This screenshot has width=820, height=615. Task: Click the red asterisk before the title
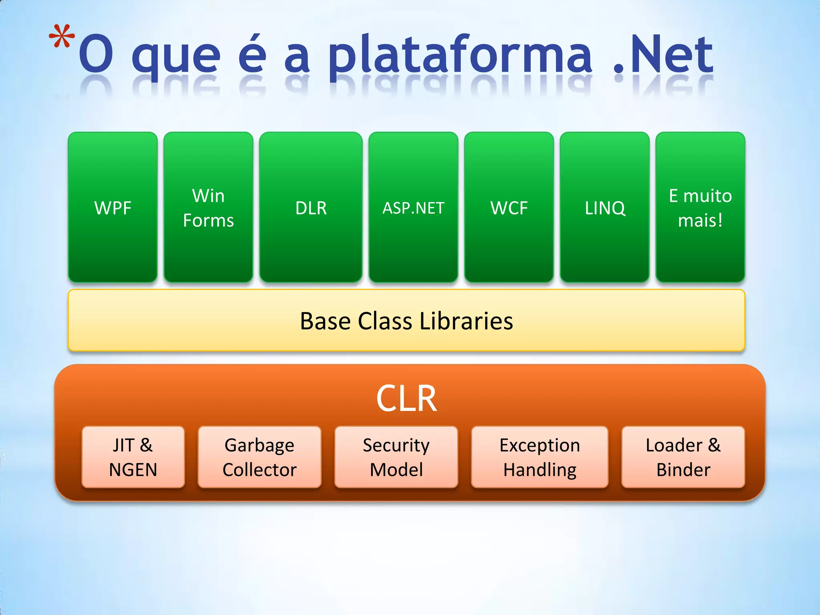[x=62, y=37]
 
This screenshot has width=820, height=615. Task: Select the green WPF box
[x=113, y=207]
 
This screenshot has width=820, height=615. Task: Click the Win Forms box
[x=208, y=207]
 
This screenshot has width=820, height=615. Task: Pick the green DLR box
[x=311, y=207]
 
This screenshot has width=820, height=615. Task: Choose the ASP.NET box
[x=413, y=207]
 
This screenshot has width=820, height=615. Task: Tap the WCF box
[x=509, y=207]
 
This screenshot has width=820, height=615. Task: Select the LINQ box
[x=605, y=207]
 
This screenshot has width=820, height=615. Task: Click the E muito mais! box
[x=700, y=207]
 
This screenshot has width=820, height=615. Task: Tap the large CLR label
[x=406, y=399]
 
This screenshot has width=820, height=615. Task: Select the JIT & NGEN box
[x=133, y=457]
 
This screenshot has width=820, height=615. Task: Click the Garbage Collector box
[x=259, y=457]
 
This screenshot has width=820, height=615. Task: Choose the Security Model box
[x=396, y=457]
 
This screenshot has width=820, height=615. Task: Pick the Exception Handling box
[x=540, y=457]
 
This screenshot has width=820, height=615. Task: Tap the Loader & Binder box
[x=683, y=457]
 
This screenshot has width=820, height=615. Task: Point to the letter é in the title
[x=252, y=54]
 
